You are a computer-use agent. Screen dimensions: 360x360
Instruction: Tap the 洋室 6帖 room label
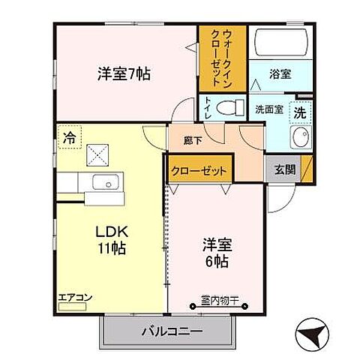tap(214, 253)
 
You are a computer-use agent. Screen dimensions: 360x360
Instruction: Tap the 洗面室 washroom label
tap(268, 108)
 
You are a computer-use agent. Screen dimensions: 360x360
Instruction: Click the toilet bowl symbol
tap(229, 108)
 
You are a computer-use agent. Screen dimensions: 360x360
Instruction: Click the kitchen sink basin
tap(107, 182)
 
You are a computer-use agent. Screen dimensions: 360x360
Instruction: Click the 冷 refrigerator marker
tap(68, 136)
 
